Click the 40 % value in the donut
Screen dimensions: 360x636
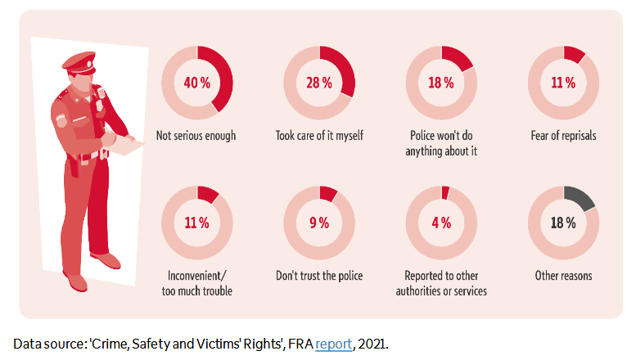pyautogui.click(x=196, y=82)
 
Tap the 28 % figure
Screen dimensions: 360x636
pyautogui.click(x=319, y=82)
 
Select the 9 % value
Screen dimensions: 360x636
pyautogui.click(x=319, y=223)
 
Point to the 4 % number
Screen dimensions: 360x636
pyautogui.click(x=441, y=223)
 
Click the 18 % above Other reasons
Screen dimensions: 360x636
pyautogui.click(x=563, y=223)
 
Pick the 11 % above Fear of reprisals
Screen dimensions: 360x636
pyautogui.click(x=563, y=82)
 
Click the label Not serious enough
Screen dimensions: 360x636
pyautogui.click(x=196, y=135)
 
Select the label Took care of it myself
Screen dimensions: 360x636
pyautogui.click(x=319, y=135)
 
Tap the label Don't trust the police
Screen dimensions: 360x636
pyautogui.click(x=319, y=276)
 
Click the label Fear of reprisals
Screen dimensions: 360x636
pyautogui.click(x=563, y=135)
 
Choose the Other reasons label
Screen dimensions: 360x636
pyautogui.click(x=563, y=276)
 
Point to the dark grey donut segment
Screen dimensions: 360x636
pyautogui.click(x=581, y=197)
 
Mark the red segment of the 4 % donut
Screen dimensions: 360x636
pyautogui.click(x=445, y=192)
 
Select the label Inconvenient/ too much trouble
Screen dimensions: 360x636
pyautogui.click(x=196, y=283)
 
